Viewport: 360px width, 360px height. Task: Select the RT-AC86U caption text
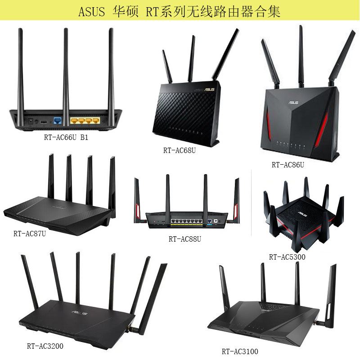[288, 165]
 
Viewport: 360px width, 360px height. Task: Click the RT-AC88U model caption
[184, 239]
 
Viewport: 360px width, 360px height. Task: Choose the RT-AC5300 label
[287, 257]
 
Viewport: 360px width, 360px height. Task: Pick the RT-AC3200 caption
[45, 346]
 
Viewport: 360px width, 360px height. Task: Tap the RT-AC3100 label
[240, 351]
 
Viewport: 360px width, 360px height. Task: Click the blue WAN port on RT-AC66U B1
[57, 121]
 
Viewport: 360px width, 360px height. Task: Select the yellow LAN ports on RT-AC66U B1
[84, 121]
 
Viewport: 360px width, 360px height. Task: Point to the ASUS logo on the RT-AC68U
[209, 89]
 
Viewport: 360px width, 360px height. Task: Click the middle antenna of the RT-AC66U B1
[66, 67]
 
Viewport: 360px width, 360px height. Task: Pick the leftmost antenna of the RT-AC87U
[50, 180]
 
